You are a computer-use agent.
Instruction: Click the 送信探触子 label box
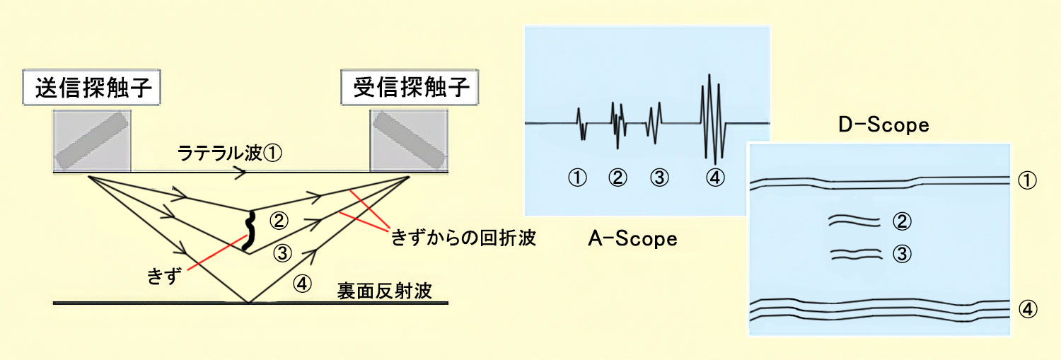click(x=91, y=87)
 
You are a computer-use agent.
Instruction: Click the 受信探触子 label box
click(x=410, y=87)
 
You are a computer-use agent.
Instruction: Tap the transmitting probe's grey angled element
click(x=92, y=140)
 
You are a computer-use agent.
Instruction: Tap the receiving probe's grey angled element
click(x=410, y=140)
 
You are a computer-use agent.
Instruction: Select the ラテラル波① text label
click(x=230, y=153)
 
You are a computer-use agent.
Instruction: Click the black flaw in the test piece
click(x=249, y=231)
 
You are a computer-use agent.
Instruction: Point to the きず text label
click(x=164, y=276)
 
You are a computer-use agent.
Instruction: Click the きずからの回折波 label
click(x=463, y=238)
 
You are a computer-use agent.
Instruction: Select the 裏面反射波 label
click(x=384, y=291)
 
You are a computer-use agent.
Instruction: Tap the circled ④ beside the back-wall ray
click(x=302, y=284)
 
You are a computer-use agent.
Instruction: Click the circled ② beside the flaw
click(x=279, y=220)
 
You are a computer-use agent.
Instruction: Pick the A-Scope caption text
click(x=632, y=238)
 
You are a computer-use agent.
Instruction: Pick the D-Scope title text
click(x=884, y=124)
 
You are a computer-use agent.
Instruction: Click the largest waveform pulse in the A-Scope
click(x=713, y=120)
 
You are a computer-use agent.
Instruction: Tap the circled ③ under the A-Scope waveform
click(x=659, y=178)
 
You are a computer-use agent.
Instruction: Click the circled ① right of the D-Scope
click(x=1027, y=180)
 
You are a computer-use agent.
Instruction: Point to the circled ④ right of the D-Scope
click(x=1027, y=309)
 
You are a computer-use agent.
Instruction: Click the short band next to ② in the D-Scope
click(x=854, y=221)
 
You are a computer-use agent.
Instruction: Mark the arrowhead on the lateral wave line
click(x=240, y=173)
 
